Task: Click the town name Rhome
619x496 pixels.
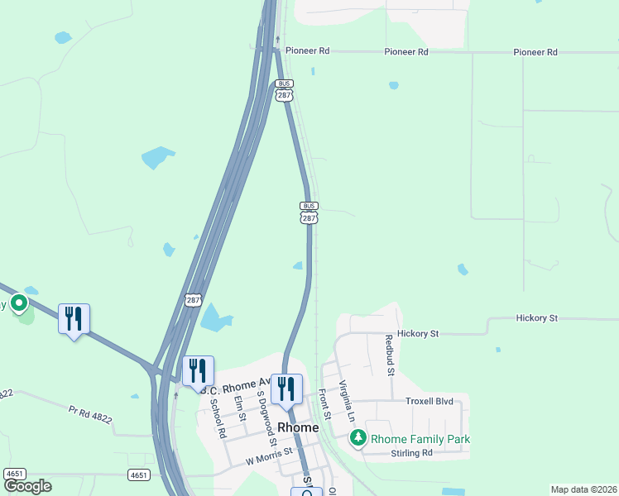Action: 298,427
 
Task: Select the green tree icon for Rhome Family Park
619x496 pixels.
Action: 358,438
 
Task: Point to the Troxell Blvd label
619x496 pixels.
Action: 429,401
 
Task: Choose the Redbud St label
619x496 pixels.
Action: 388,355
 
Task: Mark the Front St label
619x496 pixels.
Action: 324,404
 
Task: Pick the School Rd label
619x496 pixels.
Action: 218,418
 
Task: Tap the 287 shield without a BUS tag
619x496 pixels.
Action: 192,301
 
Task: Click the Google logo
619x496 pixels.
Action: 27,486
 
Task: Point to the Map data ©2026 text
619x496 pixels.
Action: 583,489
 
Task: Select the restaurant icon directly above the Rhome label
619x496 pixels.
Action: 286,389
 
